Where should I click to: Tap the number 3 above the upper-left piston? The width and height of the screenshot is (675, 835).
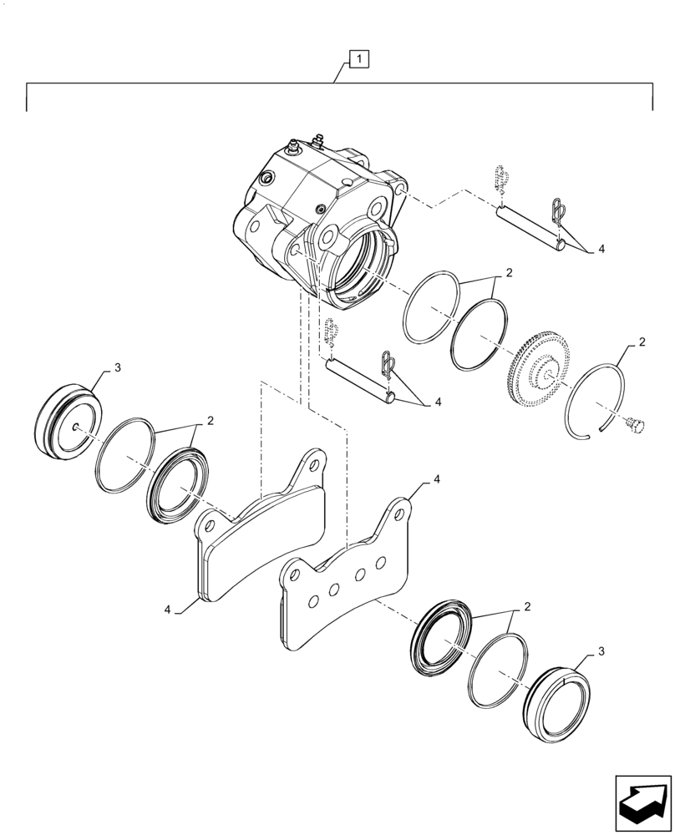pos(117,367)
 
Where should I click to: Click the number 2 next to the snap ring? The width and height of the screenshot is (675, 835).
pos(641,342)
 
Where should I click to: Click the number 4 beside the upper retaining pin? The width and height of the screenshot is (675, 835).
pos(600,249)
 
